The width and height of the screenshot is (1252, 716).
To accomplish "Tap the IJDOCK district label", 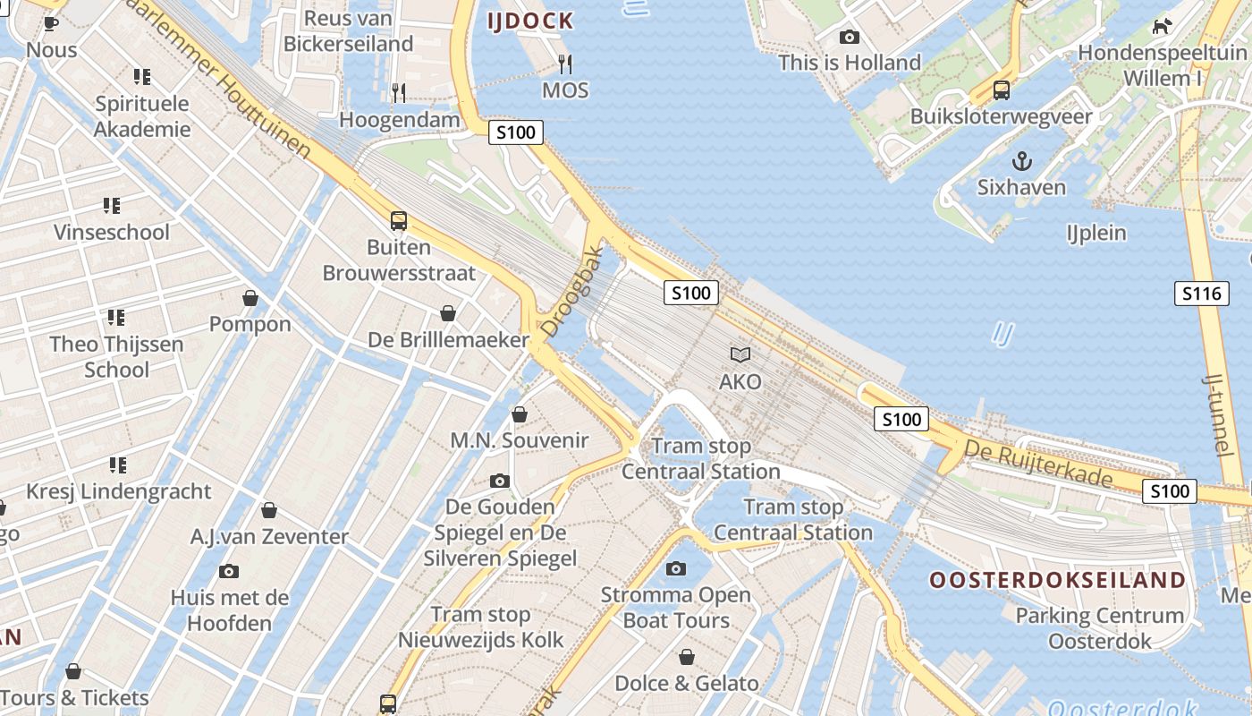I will click(x=530, y=21).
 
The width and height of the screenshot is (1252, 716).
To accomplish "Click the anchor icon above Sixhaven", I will click(x=1021, y=161).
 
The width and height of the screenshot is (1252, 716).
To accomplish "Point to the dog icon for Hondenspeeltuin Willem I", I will click(x=1162, y=26).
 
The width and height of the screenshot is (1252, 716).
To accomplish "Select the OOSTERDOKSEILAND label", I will click(x=1057, y=580).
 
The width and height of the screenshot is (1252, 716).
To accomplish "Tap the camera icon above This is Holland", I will click(x=849, y=37).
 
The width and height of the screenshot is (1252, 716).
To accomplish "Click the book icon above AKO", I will click(x=740, y=355).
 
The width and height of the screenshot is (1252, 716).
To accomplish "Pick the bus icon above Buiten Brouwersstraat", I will click(x=399, y=220).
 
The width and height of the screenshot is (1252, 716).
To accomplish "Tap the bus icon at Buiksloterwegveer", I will click(x=1002, y=89).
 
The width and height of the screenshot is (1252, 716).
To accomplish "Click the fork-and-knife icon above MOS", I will click(x=565, y=64).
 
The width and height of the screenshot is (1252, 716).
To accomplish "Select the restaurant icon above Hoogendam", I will click(x=399, y=92).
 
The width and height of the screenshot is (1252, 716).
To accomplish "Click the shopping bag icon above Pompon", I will click(x=250, y=298).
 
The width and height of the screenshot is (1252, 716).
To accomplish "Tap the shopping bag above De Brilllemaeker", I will click(x=448, y=313).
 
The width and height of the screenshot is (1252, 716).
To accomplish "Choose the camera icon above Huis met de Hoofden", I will click(x=229, y=571).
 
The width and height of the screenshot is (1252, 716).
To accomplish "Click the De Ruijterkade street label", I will click(x=1040, y=465).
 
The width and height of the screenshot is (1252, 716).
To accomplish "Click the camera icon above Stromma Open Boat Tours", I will click(x=676, y=568).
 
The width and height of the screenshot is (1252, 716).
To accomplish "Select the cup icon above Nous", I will click(x=51, y=23).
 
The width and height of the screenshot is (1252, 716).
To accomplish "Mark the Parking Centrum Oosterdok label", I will click(x=1100, y=628).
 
